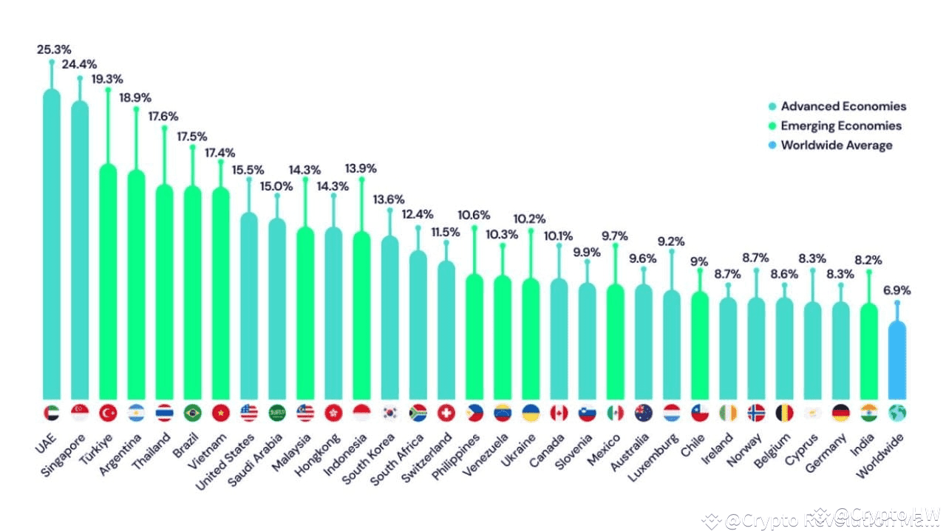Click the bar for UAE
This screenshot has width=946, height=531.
pyautogui.click(x=52, y=244)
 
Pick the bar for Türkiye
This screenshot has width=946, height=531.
pyautogui.click(x=108, y=281)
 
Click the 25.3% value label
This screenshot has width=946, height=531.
pyautogui.click(x=53, y=49)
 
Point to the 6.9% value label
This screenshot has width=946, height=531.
pyautogui.click(x=896, y=290)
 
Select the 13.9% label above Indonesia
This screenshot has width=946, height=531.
pyautogui.click(x=361, y=168)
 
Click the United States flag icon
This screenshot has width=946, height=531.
pyautogui.click(x=249, y=413)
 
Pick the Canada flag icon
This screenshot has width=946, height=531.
pyautogui.click(x=559, y=413)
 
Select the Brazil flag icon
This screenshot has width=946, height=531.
pyautogui.click(x=192, y=413)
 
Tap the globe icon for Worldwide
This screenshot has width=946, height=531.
pyautogui.click(x=897, y=413)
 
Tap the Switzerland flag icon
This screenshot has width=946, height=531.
pyautogui.click(x=446, y=413)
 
